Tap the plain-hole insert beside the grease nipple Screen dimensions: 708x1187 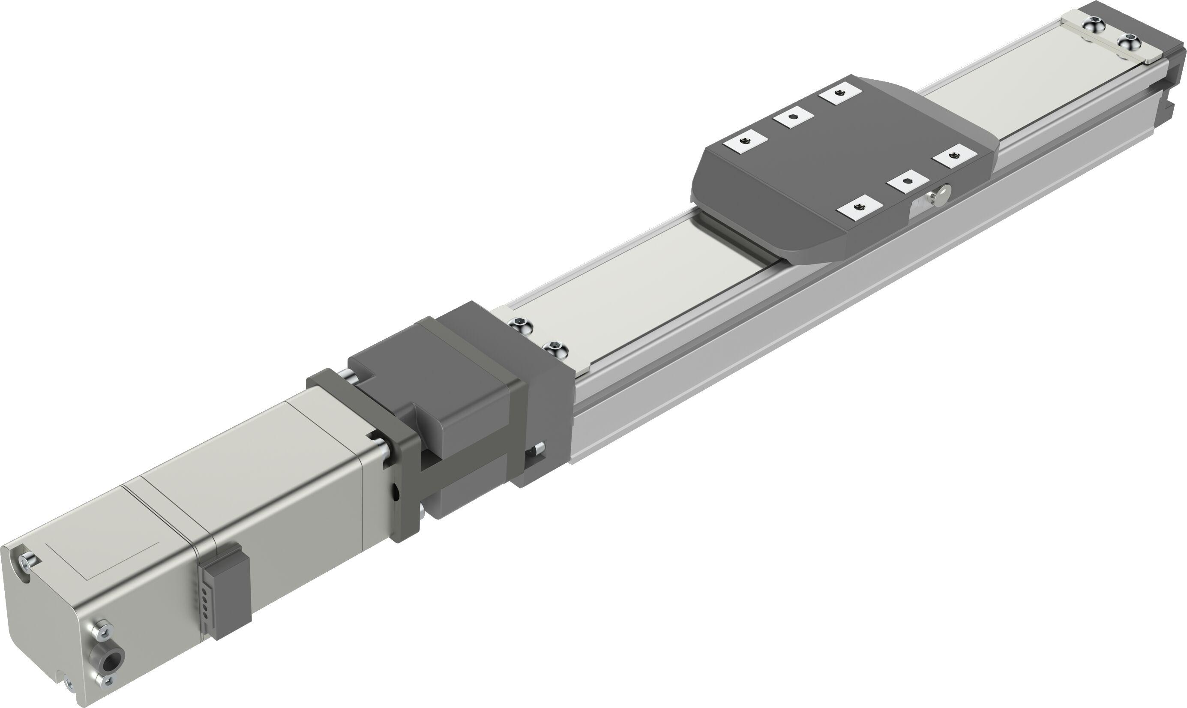tap(908, 181)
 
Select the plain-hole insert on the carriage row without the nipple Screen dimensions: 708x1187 tap(793, 118)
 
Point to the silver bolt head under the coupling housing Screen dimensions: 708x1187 tap(423, 511)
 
